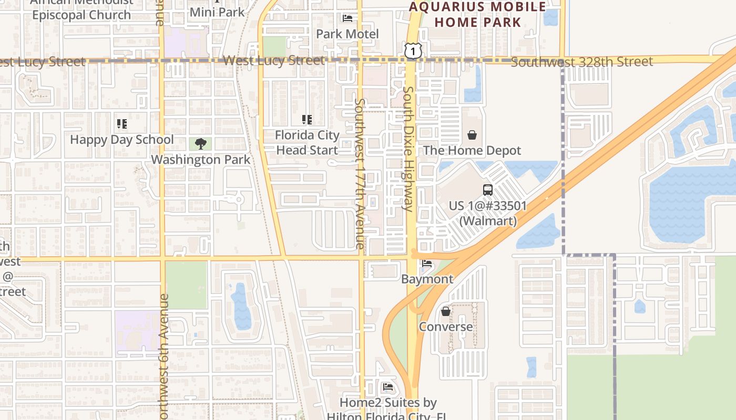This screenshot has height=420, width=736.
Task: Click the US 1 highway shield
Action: pyautogui.click(x=413, y=50)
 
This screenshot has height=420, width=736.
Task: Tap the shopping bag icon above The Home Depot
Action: pyautogui.click(x=472, y=135)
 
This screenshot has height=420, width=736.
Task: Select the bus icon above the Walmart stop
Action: pyautogui.click(x=488, y=190)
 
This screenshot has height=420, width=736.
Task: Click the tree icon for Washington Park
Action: pyautogui.click(x=200, y=143)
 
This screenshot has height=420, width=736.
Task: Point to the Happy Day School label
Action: pyautogui.click(x=121, y=140)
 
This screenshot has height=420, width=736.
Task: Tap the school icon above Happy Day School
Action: pyautogui.click(x=122, y=124)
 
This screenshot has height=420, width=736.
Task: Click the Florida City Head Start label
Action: pyautogui.click(x=307, y=142)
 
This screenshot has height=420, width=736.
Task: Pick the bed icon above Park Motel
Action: pyautogui.click(x=347, y=18)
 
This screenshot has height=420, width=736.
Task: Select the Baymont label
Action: pyautogui.click(x=427, y=279)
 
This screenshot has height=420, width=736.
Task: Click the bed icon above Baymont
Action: pyautogui.click(x=427, y=264)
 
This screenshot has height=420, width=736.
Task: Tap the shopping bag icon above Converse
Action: pyautogui.click(x=446, y=311)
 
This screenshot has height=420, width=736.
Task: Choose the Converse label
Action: pyautogui.click(x=446, y=327)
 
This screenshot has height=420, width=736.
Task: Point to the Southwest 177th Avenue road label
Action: pyautogui.click(x=360, y=173)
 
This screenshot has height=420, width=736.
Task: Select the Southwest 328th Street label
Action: pyautogui.click(x=582, y=62)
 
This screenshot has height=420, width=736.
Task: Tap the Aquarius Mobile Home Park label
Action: pyautogui.click(x=477, y=15)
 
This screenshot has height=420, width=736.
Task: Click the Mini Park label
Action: pyautogui.click(x=217, y=12)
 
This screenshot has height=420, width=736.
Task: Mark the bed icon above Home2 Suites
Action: pyautogui.click(x=388, y=387)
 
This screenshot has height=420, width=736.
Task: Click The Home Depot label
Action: pyautogui.click(x=472, y=150)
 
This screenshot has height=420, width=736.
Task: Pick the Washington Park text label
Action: pyautogui.click(x=200, y=159)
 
